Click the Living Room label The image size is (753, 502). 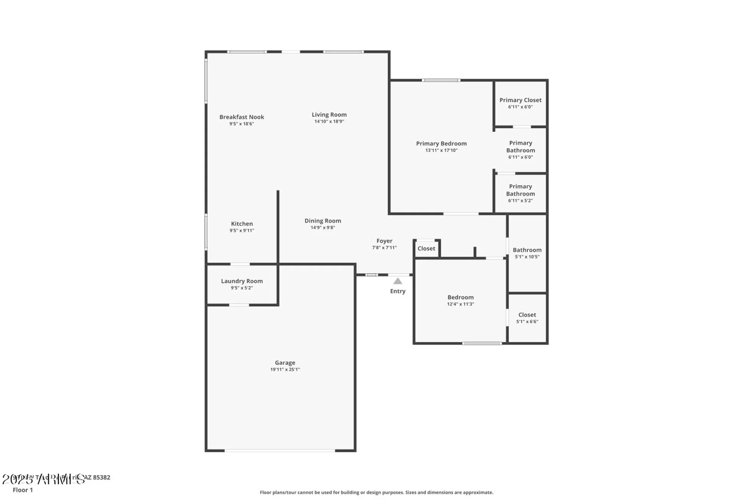pos(329,115)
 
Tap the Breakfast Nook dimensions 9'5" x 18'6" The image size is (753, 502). pos(242,124)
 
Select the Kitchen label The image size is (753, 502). pos(242,224)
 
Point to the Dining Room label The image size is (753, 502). pos(323,221)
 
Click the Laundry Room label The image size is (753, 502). pos(242,281)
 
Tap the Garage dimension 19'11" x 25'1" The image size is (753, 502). pos(285,369)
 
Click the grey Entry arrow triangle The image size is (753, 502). pos(398,281)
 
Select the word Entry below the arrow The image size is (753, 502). pos(398,291)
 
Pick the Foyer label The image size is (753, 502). pos(384,241)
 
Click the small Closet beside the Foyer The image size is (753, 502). pos(426,249)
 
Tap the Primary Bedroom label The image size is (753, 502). pos(441,143)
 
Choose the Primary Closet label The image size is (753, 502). pos(520,100)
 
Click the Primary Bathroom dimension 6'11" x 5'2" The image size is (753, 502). pos(520,201)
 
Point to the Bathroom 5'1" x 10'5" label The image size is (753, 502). pos(527,250)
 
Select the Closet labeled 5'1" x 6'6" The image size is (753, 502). pos(527,315)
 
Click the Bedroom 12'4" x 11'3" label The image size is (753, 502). pos(460,298)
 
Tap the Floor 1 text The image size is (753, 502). pos(23,490)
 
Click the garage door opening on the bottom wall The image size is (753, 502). pos(280,450)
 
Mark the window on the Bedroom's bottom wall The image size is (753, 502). pos(482,343)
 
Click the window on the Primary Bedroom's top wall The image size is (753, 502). pos(441,80)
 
